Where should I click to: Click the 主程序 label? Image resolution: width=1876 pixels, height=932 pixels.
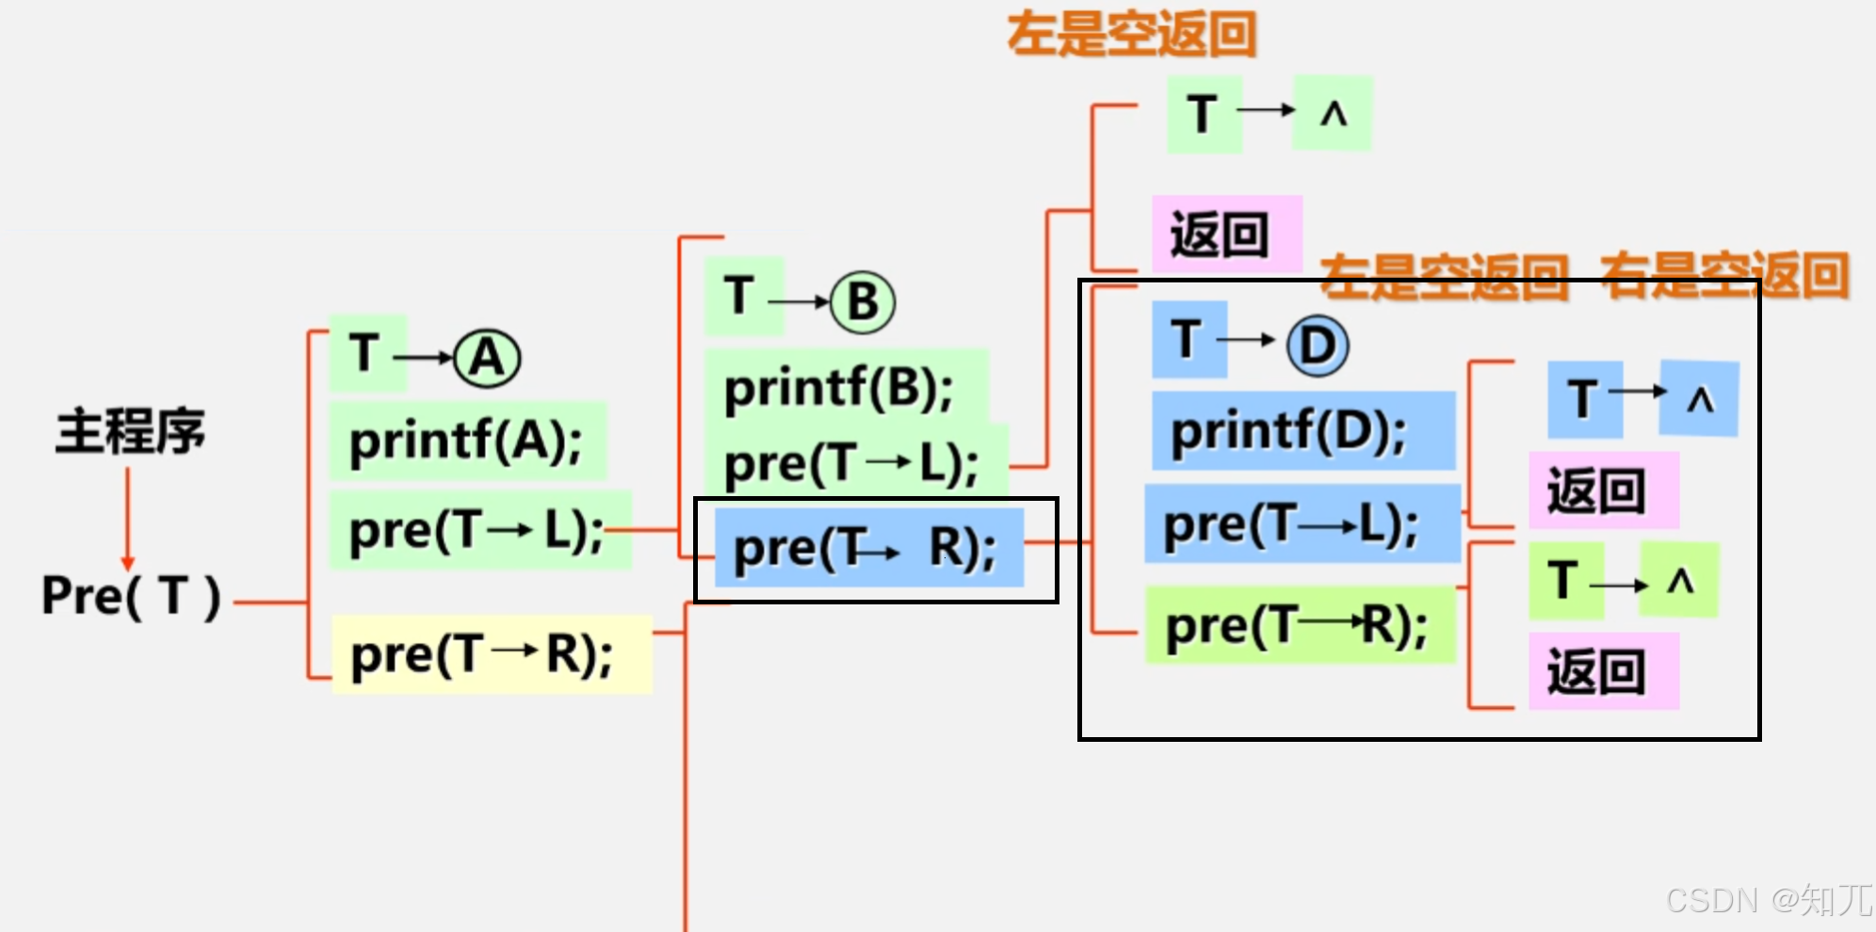coord(130,432)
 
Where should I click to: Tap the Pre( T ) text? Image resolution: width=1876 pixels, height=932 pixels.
coord(132,596)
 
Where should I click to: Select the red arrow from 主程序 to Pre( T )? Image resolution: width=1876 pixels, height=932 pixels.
coord(127,518)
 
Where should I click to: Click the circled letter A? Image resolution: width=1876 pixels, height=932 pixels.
coord(487,359)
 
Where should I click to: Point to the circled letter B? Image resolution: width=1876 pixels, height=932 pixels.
coord(863,302)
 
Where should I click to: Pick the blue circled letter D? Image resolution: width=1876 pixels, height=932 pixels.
coord(1318,345)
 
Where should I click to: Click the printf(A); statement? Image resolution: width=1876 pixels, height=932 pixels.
coord(466,441)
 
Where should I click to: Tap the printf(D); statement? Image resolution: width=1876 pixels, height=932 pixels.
coord(1288,432)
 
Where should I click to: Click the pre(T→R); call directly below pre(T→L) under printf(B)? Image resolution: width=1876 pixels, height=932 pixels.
coord(866,549)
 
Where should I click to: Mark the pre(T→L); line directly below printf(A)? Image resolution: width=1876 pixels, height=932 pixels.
coord(477,531)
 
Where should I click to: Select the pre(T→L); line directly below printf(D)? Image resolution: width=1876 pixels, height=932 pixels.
coord(1291,524)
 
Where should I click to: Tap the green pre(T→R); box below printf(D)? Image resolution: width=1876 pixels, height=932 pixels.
coord(1297,625)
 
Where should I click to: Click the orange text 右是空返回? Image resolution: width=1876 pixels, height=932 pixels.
coord(1725,277)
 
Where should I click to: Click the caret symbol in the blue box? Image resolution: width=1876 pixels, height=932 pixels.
coord(1700,400)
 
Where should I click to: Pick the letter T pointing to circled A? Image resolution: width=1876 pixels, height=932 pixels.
coord(365,354)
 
